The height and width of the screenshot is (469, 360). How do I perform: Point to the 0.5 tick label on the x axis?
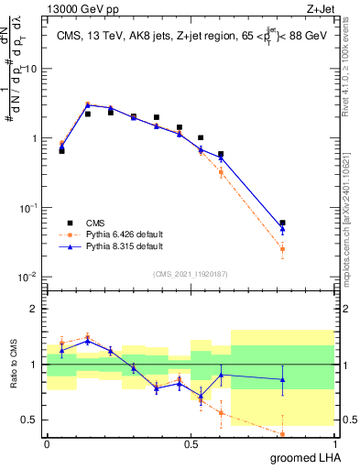191,444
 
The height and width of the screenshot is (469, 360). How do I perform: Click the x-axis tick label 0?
47,444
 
